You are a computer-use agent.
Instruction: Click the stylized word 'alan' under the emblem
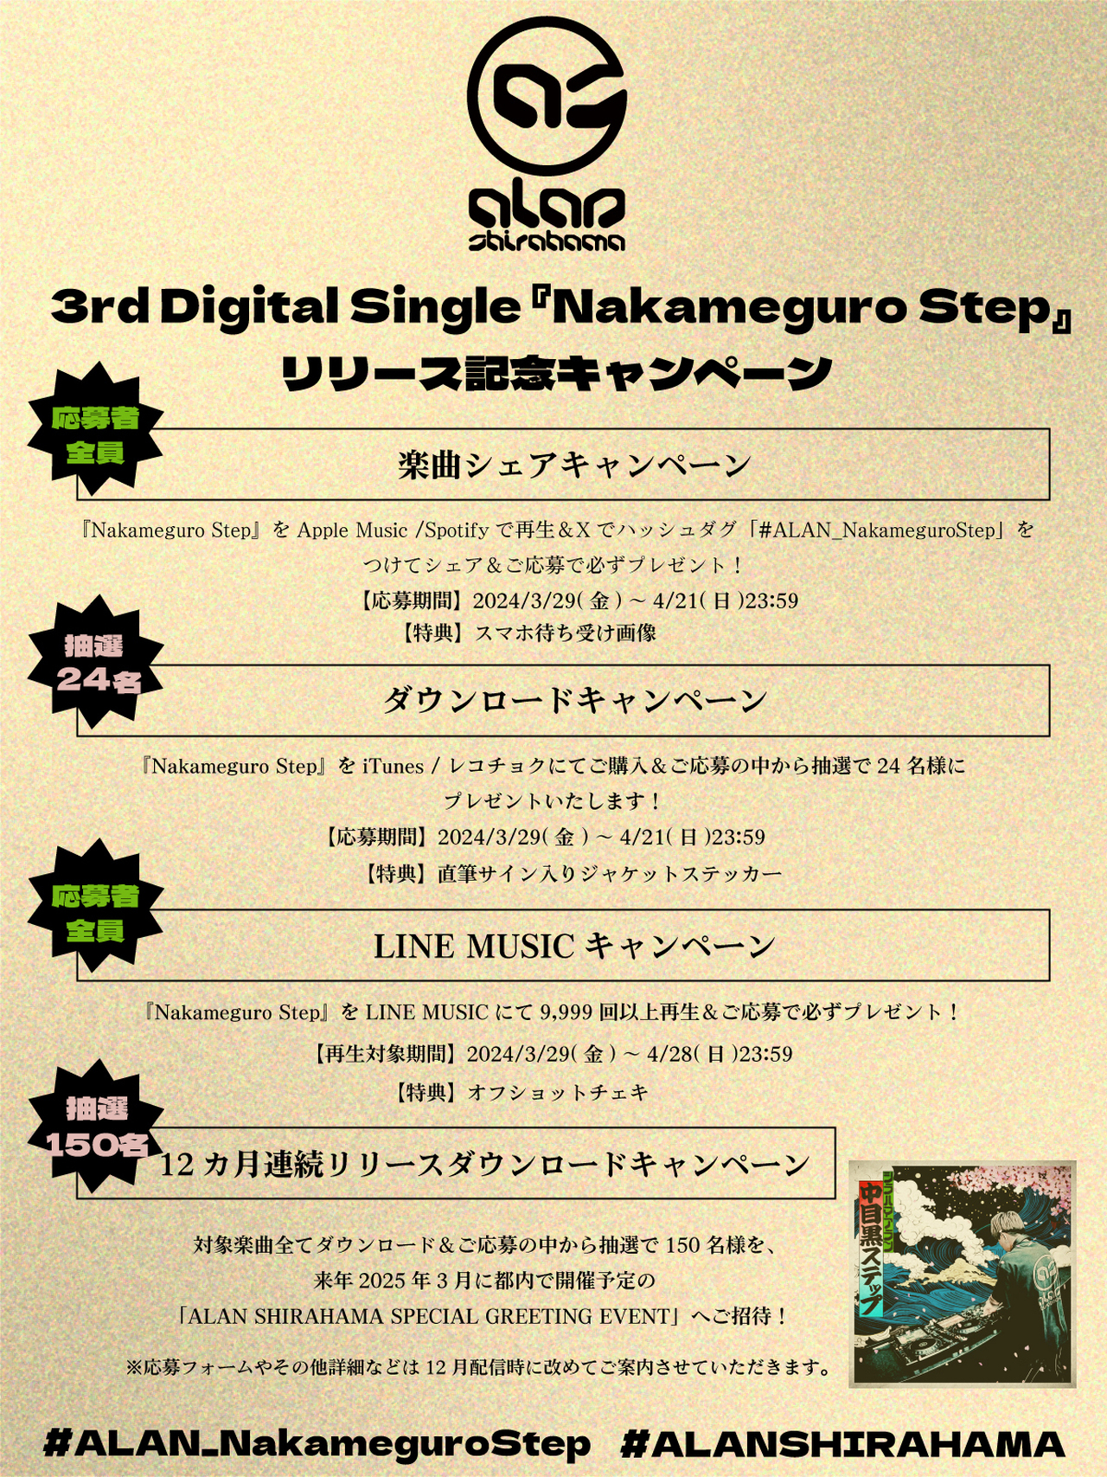(x=547, y=209)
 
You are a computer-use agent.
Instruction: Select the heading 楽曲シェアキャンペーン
(x=574, y=466)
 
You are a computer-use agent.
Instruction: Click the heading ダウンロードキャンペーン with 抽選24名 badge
(x=574, y=700)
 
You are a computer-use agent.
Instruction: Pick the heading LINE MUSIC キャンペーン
(x=574, y=946)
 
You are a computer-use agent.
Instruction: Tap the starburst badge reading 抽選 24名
(x=96, y=662)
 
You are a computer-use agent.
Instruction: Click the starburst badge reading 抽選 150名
(x=96, y=1126)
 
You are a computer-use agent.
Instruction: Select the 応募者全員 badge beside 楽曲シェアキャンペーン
(x=96, y=434)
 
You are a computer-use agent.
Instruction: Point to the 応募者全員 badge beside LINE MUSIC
(x=96, y=912)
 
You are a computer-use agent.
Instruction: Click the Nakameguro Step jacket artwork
(x=962, y=1273)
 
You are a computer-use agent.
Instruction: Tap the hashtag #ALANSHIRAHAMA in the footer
(x=843, y=1444)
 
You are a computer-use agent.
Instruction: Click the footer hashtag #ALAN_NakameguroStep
(x=317, y=1444)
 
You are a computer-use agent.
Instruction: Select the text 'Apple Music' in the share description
(x=352, y=530)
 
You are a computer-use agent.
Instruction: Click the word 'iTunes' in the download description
(x=394, y=767)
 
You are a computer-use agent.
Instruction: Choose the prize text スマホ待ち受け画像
(x=566, y=633)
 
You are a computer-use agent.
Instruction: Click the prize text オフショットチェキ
(x=558, y=1093)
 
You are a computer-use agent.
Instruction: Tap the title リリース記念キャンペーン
(x=557, y=374)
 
